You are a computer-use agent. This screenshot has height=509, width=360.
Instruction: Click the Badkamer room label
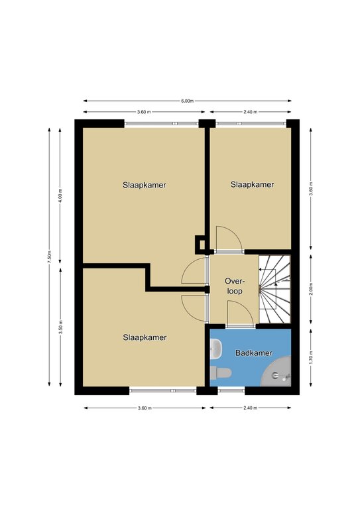253,353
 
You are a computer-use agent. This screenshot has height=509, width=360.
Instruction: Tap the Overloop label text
235,286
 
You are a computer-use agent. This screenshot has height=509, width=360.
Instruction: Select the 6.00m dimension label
188,101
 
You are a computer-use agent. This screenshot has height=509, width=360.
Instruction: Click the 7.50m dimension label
49,256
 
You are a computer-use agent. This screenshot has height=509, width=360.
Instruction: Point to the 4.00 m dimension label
60,195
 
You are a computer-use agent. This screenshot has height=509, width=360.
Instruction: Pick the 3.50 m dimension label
60,327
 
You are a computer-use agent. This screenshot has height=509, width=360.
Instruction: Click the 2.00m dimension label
311,289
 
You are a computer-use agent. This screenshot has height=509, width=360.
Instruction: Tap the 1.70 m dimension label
311,357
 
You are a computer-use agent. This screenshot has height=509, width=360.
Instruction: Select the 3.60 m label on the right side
311,188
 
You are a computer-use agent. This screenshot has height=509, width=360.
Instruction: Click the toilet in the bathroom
220,372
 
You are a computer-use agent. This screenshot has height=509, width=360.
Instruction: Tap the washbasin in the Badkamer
216,349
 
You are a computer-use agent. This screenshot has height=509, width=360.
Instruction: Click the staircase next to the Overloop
274,289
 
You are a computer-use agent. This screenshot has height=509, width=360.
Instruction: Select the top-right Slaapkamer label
252,185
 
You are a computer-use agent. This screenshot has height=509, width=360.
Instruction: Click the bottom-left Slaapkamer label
145,337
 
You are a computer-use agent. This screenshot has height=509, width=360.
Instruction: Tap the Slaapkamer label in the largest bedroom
145,186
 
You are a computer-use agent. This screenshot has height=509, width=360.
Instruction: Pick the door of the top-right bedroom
229,239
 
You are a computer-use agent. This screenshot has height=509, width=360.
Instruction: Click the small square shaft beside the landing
200,245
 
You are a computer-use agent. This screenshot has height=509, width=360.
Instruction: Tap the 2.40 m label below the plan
250,408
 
